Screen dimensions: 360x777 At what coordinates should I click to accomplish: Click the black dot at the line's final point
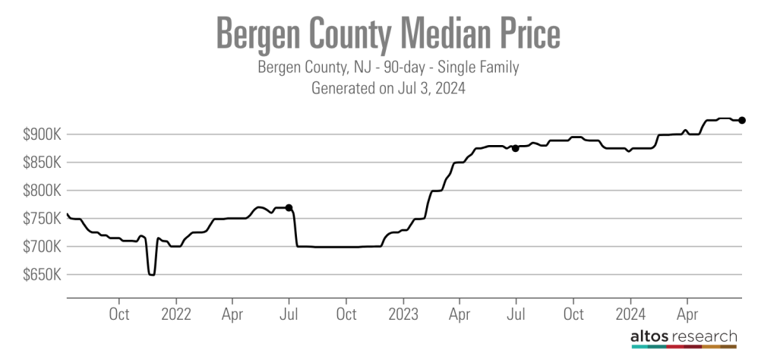coord(742,120)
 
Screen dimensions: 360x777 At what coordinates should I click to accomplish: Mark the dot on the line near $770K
coord(289,207)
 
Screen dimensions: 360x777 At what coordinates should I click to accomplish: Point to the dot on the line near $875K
coord(515,148)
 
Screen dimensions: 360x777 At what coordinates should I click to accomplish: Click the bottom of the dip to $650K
coord(152,274)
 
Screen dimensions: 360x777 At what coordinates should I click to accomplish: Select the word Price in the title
coord(528,35)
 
